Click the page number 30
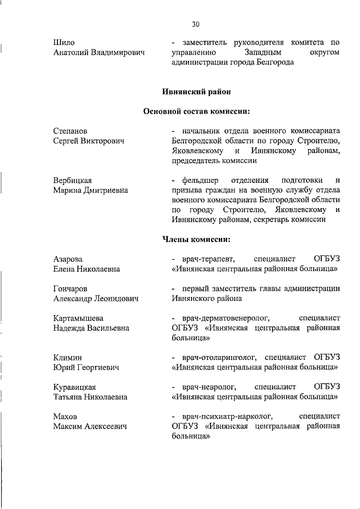195,24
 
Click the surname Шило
64,42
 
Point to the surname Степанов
70,131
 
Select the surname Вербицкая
73,180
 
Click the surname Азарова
68,259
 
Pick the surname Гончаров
70,289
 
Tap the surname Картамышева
78,318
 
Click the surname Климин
67,357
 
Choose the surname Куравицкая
74,387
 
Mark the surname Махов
65,416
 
